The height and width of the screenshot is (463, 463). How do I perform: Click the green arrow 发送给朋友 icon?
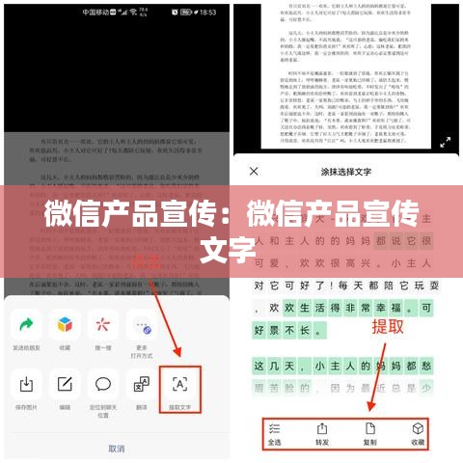(x=27, y=325)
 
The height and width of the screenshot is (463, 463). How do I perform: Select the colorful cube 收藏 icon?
(x=64, y=325)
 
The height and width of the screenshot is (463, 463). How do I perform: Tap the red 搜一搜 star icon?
(x=103, y=325)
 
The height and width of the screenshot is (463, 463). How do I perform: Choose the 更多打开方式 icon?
(x=142, y=325)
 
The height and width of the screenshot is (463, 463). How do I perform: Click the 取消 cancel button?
(x=116, y=448)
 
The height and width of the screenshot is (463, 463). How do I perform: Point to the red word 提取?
(x=389, y=326)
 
